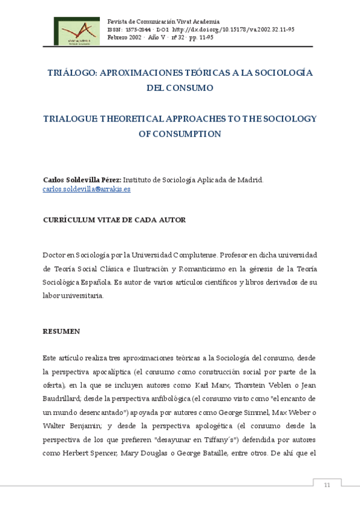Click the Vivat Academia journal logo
pyautogui.click(x=77, y=31)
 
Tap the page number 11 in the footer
pyautogui.click(x=327, y=485)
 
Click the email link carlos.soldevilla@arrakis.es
pyautogui.click(x=87, y=189)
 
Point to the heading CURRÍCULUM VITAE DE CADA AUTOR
pyautogui.click(x=114, y=220)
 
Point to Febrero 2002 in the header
pyautogui.click(x=124, y=37)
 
